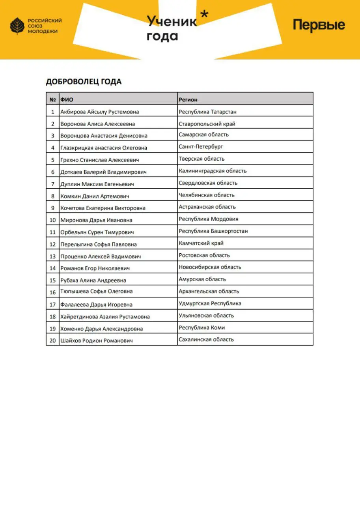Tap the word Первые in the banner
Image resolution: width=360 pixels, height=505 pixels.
tap(319, 25)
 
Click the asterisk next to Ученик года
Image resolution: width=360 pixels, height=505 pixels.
tap(204, 15)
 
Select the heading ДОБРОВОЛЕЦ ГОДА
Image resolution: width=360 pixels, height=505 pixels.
tap(84, 82)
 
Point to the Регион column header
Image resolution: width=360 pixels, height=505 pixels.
tap(188, 100)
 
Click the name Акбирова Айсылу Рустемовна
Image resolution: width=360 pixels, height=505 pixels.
tap(99, 112)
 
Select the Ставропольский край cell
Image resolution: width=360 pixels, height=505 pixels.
tap(207, 124)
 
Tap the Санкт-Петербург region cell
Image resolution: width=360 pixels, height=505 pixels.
tap(201, 147)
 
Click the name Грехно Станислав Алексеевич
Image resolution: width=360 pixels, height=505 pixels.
tap(99, 160)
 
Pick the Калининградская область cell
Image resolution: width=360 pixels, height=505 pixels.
tap(213, 171)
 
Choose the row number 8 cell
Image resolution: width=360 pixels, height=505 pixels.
tap(52, 196)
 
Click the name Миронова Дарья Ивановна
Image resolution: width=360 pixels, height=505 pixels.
tap(96, 220)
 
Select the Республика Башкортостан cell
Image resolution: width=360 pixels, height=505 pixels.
tap(213, 231)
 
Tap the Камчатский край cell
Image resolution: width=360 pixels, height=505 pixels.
tap(201, 243)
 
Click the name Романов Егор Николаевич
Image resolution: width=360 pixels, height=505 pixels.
tap(95, 268)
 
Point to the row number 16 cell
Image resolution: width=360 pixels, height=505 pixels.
tap(52, 292)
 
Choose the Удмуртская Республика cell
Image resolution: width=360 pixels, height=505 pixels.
tap(210, 303)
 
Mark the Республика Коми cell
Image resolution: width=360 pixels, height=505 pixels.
tap(202, 327)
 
